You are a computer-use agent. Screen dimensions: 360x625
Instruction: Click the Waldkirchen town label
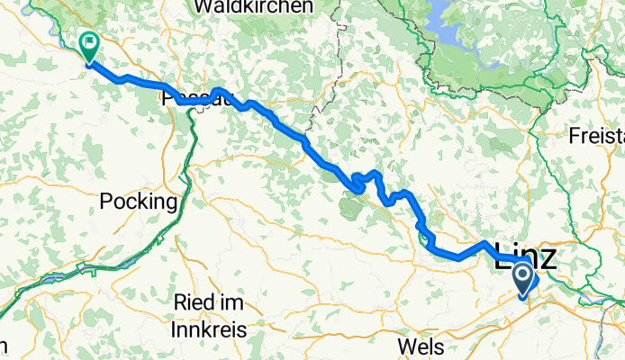click(x=252, y=7)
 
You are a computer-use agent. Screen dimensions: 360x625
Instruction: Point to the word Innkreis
click(x=211, y=330)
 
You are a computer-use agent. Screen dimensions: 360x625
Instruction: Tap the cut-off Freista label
click(x=597, y=137)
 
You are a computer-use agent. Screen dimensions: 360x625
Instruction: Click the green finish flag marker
click(x=90, y=42)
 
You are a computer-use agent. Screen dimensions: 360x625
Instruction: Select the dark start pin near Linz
click(x=523, y=280)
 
